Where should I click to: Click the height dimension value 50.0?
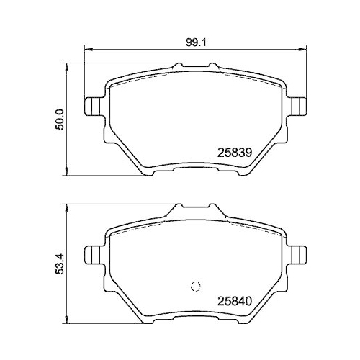[x=60, y=119]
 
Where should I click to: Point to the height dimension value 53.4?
[x=60, y=263]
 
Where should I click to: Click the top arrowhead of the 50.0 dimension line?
[x=68, y=67]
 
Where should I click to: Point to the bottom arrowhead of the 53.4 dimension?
[x=68, y=320]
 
